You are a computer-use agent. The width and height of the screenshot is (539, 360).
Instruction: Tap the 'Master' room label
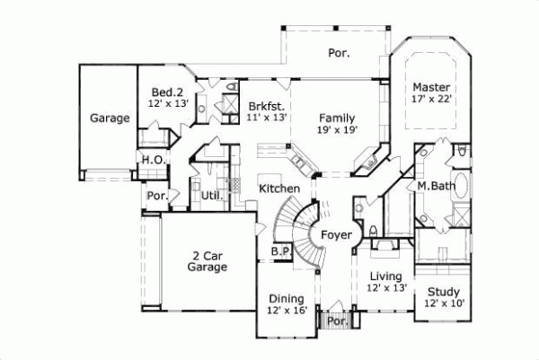click(x=429, y=87)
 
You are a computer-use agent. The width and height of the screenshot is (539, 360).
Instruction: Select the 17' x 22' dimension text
click(x=429, y=100)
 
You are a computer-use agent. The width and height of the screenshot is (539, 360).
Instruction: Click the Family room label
click(x=337, y=118)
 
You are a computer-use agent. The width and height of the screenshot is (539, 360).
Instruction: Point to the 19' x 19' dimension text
click(x=337, y=130)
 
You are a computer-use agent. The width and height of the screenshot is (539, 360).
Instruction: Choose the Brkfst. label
click(x=266, y=105)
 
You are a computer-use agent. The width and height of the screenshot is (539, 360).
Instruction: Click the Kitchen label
click(x=278, y=189)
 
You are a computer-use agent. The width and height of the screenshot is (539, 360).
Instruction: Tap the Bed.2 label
click(x=167, y=92)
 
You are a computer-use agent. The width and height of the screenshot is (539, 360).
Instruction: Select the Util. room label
click(x=212, y=195)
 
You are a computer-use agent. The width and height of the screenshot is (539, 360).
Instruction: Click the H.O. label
click(x=151, y=161)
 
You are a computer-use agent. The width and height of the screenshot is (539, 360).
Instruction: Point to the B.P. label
click(x=280, y=253)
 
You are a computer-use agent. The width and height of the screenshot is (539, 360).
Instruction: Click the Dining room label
click(x=287, y=298)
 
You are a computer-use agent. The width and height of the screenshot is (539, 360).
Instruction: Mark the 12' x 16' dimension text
click(x=287, y=311)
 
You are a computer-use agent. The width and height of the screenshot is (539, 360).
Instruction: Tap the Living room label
click(x=388, y=276)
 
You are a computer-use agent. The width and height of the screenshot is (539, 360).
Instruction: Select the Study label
click(x=443, y=292)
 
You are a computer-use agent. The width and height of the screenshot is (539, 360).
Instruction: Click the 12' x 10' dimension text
click(x=443, y=304)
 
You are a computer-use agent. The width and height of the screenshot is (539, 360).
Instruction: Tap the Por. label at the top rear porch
click(x=339, y=54)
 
